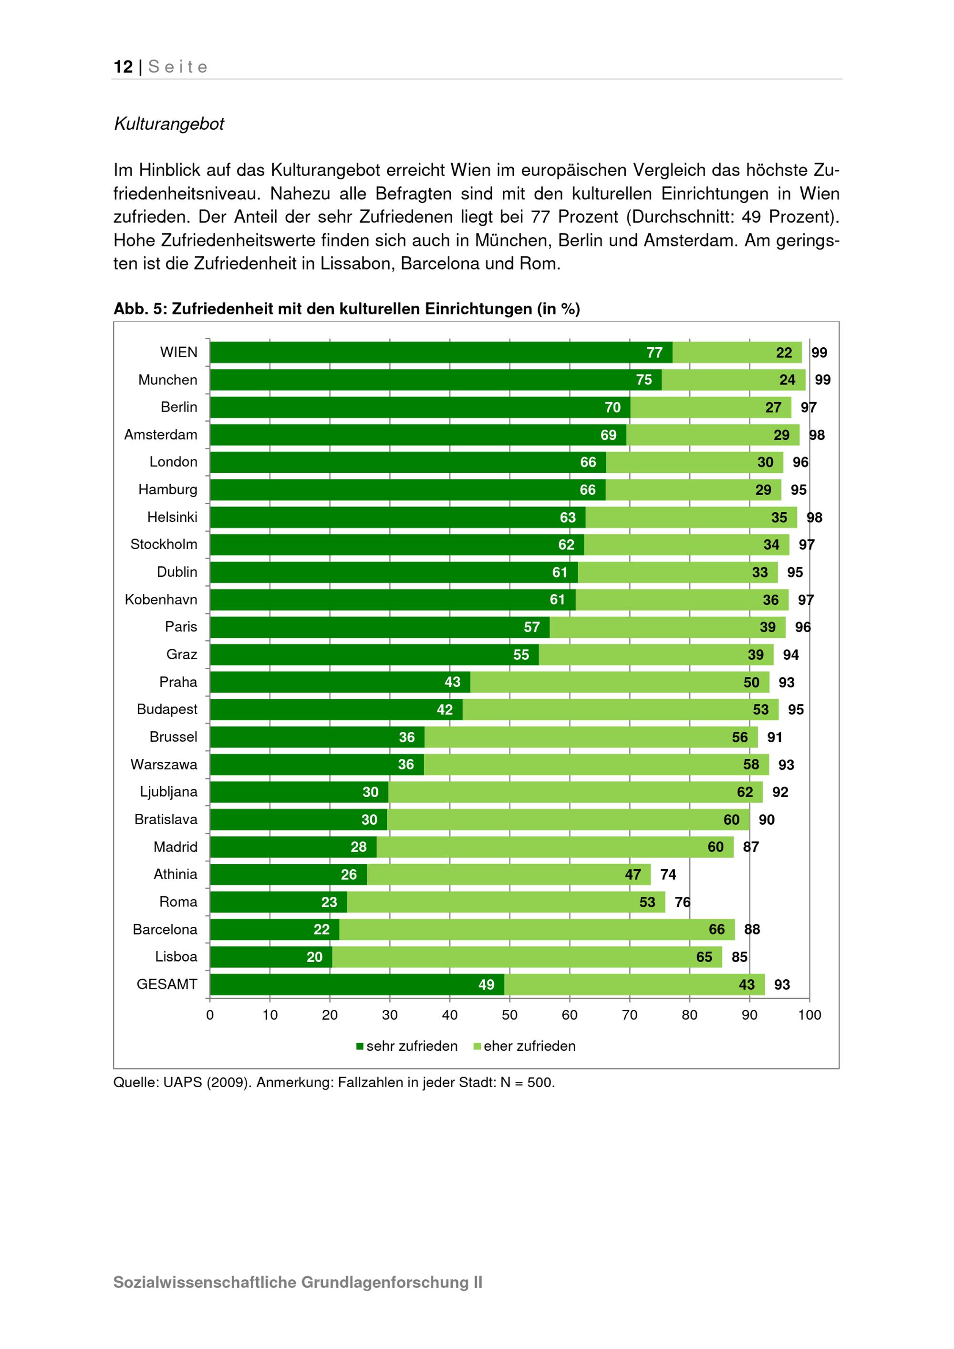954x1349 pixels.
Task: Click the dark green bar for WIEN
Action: tap(441, 353)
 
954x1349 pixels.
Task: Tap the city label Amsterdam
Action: tap(160, 435)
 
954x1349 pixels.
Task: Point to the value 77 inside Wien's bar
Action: tap(654, 353)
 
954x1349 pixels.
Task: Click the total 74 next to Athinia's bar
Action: tap(668, 874)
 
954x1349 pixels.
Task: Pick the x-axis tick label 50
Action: tap(509, 1015)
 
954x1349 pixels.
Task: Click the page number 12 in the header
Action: tap(124, 67)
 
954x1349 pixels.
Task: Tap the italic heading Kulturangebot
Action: tap(169, 124)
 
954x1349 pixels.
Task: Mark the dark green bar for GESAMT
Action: tap(357, 984)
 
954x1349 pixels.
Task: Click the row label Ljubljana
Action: tap(168, 791)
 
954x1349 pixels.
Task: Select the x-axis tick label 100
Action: tap(809, 1015)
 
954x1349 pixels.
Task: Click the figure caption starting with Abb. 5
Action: tap(347, 309)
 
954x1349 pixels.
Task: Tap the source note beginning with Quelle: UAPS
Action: tap(334, 1082)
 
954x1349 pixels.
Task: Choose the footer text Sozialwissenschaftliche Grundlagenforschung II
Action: tap(298, 1282)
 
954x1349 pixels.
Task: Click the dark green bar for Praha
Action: tap(340, 682)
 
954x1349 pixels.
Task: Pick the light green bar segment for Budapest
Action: tap(620, 710)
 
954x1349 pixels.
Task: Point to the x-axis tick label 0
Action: tap(210, 1015)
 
